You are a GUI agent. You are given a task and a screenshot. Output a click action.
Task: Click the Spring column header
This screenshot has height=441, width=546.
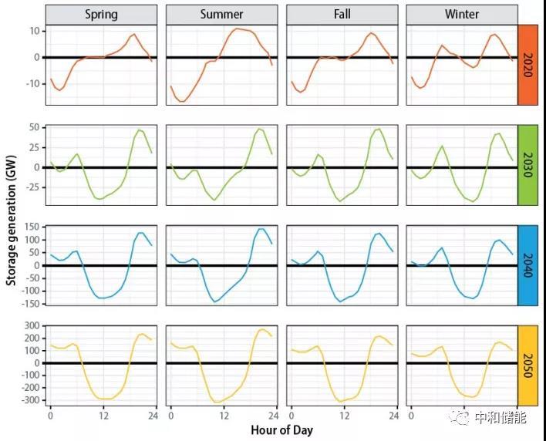click(x=102, y=14)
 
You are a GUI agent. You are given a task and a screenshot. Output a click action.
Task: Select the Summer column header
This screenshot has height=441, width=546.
click(x=221, y=14)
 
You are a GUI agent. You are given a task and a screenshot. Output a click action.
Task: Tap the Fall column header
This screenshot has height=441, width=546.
click(x=342, y=14)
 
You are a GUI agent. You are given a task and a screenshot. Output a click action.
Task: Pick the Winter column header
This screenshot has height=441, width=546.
click(x=461, y=14)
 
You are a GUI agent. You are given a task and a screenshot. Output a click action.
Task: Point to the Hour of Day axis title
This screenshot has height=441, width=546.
click(x=281, y=429)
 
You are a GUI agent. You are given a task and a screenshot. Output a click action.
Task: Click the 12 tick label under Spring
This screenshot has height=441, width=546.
click(x=102, y=416)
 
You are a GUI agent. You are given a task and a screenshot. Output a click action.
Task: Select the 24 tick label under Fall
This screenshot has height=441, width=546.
click(x=394, y=416)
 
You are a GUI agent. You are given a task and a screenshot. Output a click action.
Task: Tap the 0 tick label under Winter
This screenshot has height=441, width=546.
click(x=410, y=416)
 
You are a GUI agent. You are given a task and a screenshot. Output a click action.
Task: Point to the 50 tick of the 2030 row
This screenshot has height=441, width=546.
click(x=35, y=126)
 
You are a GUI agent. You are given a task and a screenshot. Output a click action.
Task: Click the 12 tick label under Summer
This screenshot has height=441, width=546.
click(x=221, y=416)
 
